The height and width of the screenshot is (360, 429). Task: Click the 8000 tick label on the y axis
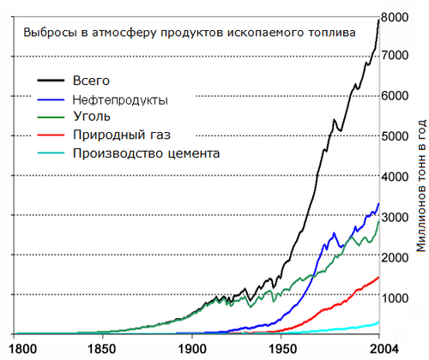[x=395, y=16]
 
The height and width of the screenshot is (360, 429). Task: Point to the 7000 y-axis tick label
[x=395, y=57]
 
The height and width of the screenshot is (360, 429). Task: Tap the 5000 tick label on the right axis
[x=395, y=136]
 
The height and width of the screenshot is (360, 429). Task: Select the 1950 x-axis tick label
[x=285, y=349]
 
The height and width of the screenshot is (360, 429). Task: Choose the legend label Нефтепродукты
[x=119, y=99]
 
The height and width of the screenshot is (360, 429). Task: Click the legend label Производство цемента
[x=147, y=153]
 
